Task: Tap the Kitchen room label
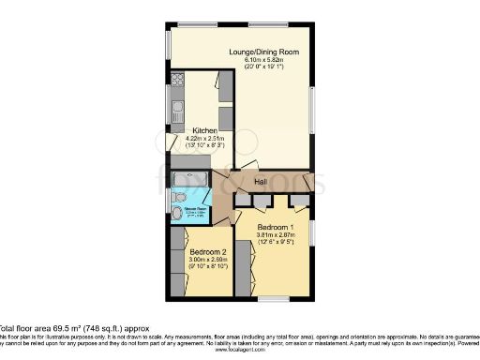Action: (205, 130)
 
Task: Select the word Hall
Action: (261, 181)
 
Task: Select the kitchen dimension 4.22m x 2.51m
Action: (205, 139)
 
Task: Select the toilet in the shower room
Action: (178, 212)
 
